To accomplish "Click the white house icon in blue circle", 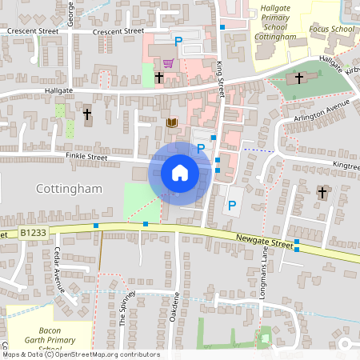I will click(180, 172).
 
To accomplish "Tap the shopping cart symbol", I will click(168, 62).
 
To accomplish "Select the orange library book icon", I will click(171, 122).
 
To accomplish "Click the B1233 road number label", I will click(34, 233).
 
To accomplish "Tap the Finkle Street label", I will click(86, 158).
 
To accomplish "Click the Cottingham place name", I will click(70, 189).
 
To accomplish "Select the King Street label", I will click(220, 80).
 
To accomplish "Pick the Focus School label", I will click(332, 30).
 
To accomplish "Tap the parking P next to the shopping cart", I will click(178, 41).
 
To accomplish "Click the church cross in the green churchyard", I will click(299, 78).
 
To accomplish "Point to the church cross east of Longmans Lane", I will click(322, 192).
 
